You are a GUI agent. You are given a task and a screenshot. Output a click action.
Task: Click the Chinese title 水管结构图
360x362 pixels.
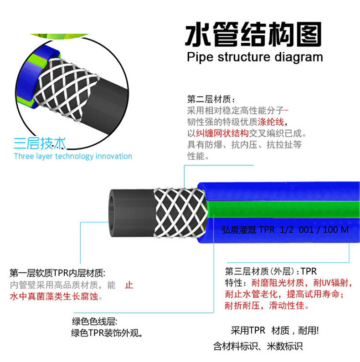(253, 34)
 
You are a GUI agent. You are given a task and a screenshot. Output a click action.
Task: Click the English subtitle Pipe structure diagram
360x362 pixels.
(255, 57)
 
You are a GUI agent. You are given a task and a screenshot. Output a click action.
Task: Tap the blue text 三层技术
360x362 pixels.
(40, 144)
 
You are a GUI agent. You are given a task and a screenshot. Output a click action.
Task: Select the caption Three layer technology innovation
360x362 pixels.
(73, 156)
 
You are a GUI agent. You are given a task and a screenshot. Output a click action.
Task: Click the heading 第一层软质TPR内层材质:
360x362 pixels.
(57, 274)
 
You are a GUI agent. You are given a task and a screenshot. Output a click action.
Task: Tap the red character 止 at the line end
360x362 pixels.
(129, 286)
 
